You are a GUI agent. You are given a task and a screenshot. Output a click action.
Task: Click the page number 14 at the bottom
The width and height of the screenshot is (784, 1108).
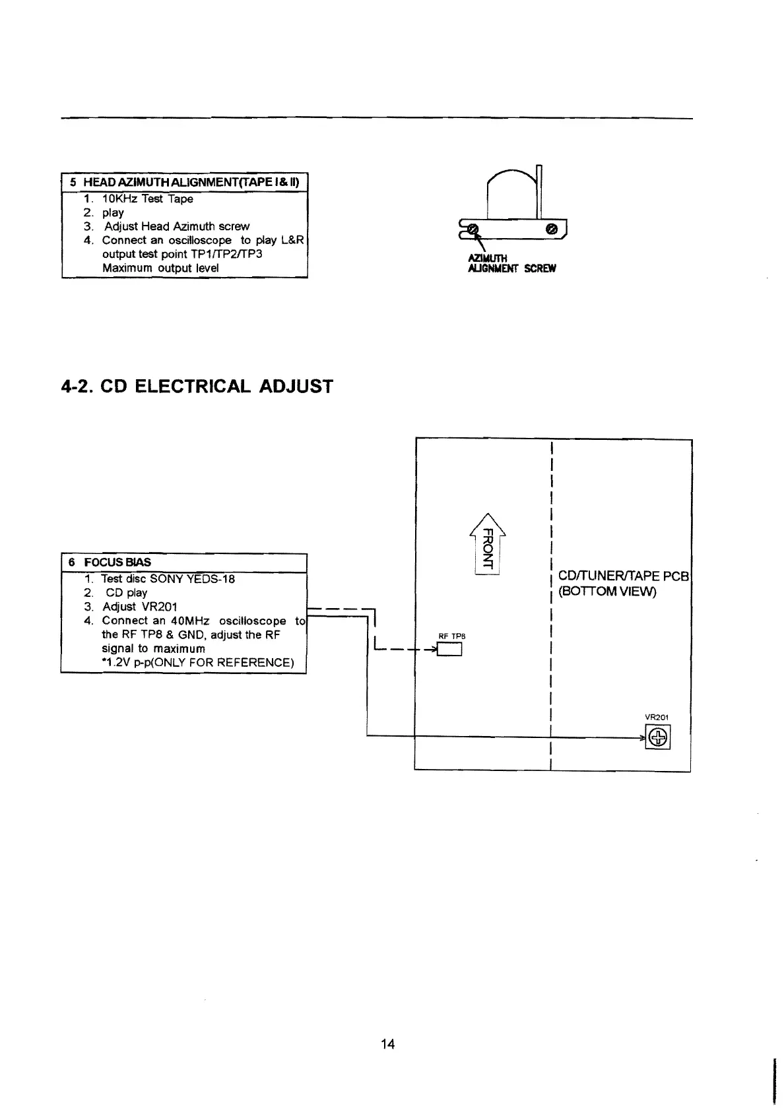388,1044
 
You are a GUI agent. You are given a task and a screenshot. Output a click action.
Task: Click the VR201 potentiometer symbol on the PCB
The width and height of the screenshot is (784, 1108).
659,738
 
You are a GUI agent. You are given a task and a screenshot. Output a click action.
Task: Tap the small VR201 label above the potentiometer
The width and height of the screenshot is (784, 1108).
657,718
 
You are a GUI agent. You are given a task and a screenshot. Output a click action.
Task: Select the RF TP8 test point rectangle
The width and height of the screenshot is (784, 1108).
451,650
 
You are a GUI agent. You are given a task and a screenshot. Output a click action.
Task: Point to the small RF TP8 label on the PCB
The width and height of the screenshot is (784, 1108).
452,636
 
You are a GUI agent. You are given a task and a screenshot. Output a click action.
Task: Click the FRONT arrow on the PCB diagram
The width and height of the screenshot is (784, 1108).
486,543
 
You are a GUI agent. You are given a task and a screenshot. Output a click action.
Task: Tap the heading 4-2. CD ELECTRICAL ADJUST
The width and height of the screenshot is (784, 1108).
197,386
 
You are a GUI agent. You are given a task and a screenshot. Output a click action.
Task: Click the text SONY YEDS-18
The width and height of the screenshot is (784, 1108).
192,579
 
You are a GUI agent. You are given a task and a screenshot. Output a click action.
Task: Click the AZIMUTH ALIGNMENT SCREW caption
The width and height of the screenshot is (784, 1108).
511,264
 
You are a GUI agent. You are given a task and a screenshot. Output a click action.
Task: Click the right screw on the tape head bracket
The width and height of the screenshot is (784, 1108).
553,229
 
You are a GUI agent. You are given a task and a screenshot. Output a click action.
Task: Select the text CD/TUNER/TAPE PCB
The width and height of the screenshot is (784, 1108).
624,577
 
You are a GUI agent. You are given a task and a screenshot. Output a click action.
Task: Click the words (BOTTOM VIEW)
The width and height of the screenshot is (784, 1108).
607,592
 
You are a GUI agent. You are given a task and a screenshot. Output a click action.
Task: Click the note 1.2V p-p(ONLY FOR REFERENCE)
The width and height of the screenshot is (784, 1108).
198,663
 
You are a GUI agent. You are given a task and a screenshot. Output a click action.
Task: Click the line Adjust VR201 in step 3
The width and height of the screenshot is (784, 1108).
140,607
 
